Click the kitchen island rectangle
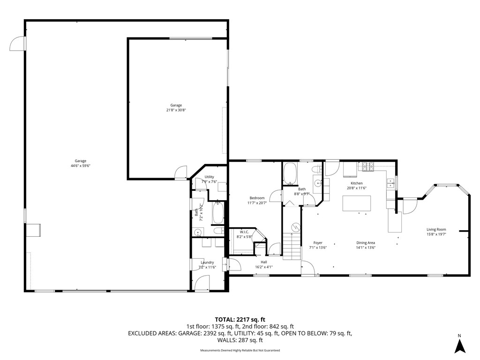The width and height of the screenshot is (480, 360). [x=357, y=203]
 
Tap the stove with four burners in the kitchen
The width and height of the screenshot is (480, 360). [x=367, y=166]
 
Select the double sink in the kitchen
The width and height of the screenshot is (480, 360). [x=390, y=182]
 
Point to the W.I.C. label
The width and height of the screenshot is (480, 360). [x=244, y=232]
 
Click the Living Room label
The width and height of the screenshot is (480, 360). [x=436, y=230]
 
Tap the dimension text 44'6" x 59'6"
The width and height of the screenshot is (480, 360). [x=80, y=165]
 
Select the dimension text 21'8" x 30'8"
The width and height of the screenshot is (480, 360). [x=176, y=110]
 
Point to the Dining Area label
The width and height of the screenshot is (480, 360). [x=366, y=243]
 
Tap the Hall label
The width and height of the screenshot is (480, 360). [x=264, y=262]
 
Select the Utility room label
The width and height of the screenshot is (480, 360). [x=209, y=177]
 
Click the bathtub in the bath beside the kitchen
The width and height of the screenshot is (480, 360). [x=289, y=174]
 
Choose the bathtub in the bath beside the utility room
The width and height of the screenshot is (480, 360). [x=218, y=213]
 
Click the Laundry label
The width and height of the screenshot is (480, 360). [x=207, y=262]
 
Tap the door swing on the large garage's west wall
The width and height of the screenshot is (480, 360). [x=17, y=43]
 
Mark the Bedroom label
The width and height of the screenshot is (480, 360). [x=257, y=198]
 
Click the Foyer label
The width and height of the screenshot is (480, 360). [x=318, y=243]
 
